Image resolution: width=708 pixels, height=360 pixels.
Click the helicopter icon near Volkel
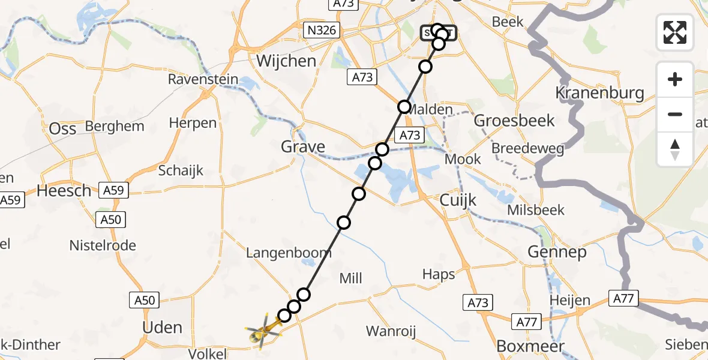coord(262,331)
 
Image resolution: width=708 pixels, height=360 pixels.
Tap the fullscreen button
coord(675,32)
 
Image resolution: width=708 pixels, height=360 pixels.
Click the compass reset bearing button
coord(675,149)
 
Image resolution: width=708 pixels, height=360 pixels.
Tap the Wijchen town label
coord(286,61)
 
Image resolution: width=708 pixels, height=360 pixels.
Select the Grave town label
coord(303,146)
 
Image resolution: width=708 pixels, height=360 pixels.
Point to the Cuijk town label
coord(458,200)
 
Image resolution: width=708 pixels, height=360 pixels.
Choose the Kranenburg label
coord(599,93)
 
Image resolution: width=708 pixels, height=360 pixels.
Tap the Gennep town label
coord(557,253)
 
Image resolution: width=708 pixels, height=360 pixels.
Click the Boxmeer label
coord(530,346)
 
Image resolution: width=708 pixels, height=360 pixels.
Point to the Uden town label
coord(163,328)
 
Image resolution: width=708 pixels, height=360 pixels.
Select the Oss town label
coord(63,129)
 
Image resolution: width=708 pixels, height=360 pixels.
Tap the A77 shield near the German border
coord(625,297)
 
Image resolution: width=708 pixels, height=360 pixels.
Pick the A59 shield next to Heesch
coord(113,191)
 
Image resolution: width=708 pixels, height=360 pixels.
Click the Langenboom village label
coord(289,253)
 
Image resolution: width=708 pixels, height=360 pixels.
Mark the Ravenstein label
coord(203,79)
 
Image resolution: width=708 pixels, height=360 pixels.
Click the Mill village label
coord(351,278)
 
